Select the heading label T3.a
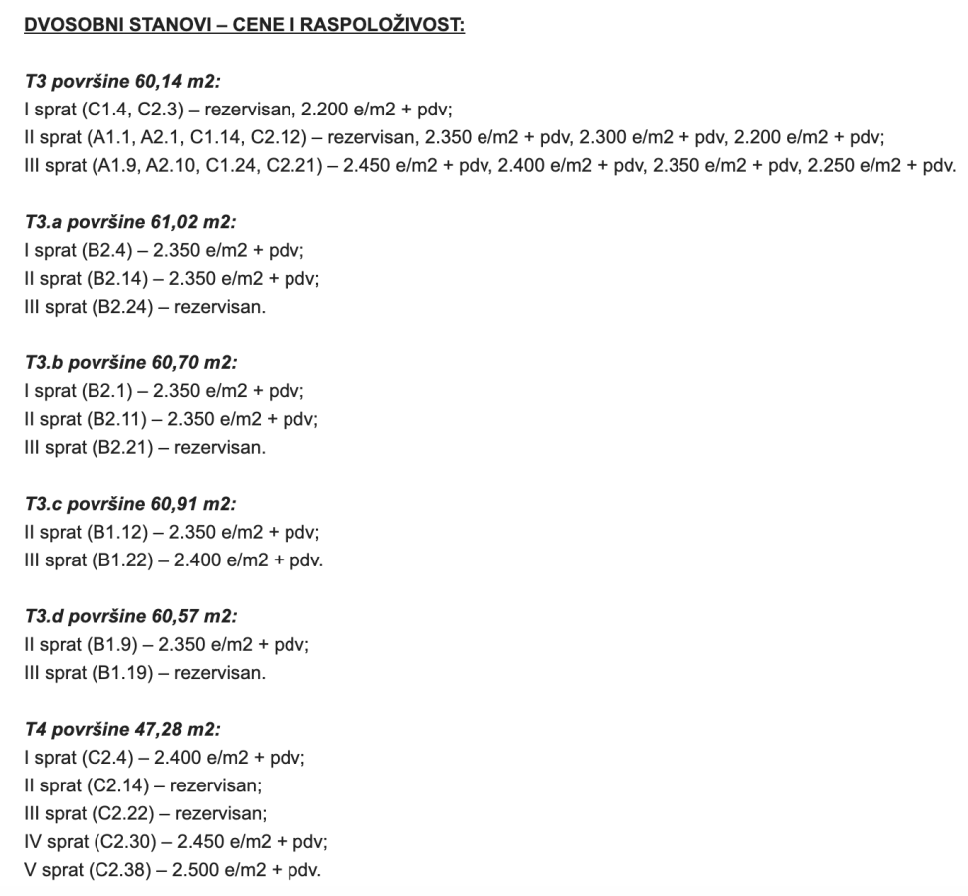click(x=46, y=224)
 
